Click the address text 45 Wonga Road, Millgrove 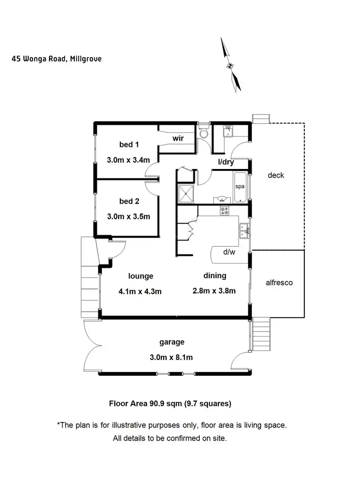pos(57,59)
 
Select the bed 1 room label pos(129,144)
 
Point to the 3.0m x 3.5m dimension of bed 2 pos(129,216)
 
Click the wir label pos(179,138)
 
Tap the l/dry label pos(226,163)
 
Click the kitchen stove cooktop pos(225,210)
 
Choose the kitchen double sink pos(244,230)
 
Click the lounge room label pos(141,276)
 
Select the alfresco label pos(279,283)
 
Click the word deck pos(276,175)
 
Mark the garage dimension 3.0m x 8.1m pos(172,357)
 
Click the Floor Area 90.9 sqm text pos(170,404)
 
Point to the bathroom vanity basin pos(222,199)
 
